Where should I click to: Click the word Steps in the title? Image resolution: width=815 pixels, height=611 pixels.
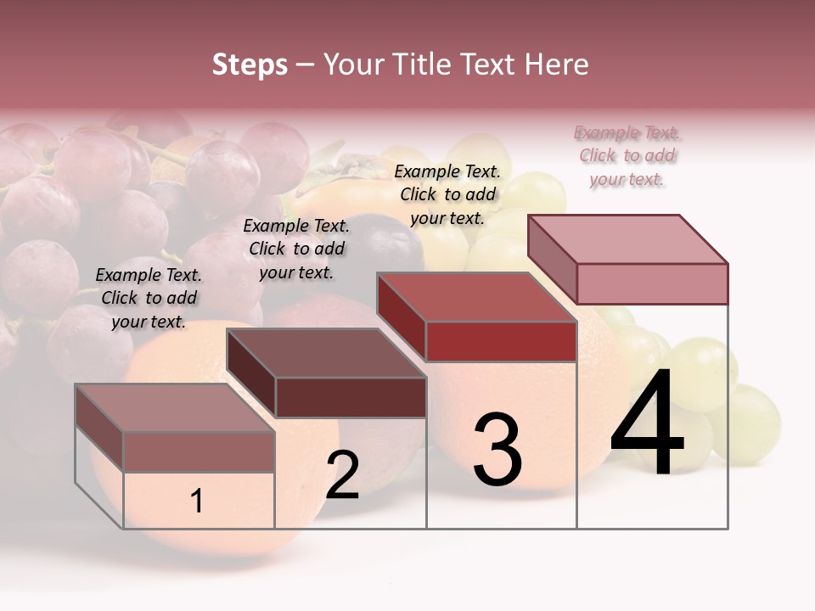click(x=250, y=64)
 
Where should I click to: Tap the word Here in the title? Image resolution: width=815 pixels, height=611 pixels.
click(x=556, y=64)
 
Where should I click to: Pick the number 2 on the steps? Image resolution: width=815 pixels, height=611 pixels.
click(x=342, y=474)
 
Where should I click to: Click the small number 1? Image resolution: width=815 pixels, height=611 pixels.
click(x=197, y=501)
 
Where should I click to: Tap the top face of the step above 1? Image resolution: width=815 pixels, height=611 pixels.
click(x=174, y=407)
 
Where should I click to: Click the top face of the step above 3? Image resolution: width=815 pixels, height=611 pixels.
click(x=475, y=298)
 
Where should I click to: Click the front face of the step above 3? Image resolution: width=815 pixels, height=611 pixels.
click(x=501, y=341)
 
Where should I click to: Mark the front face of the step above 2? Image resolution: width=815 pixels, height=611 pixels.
click(x=351, y=397)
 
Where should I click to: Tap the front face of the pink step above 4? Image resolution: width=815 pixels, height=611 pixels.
click(x=652, y=283)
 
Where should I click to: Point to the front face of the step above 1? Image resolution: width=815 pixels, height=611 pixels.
click(x=199, y=451)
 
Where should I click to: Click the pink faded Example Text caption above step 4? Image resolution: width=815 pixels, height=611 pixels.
click(x=627, y=155)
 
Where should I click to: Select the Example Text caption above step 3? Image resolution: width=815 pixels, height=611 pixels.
click(x=447, y=194)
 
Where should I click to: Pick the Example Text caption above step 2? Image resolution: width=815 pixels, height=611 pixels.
click(x=296, y=249)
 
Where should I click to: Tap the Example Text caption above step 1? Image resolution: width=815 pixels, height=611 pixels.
click(x=149, y=298)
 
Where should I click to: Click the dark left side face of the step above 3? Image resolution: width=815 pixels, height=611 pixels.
click(x=401, y=317)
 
